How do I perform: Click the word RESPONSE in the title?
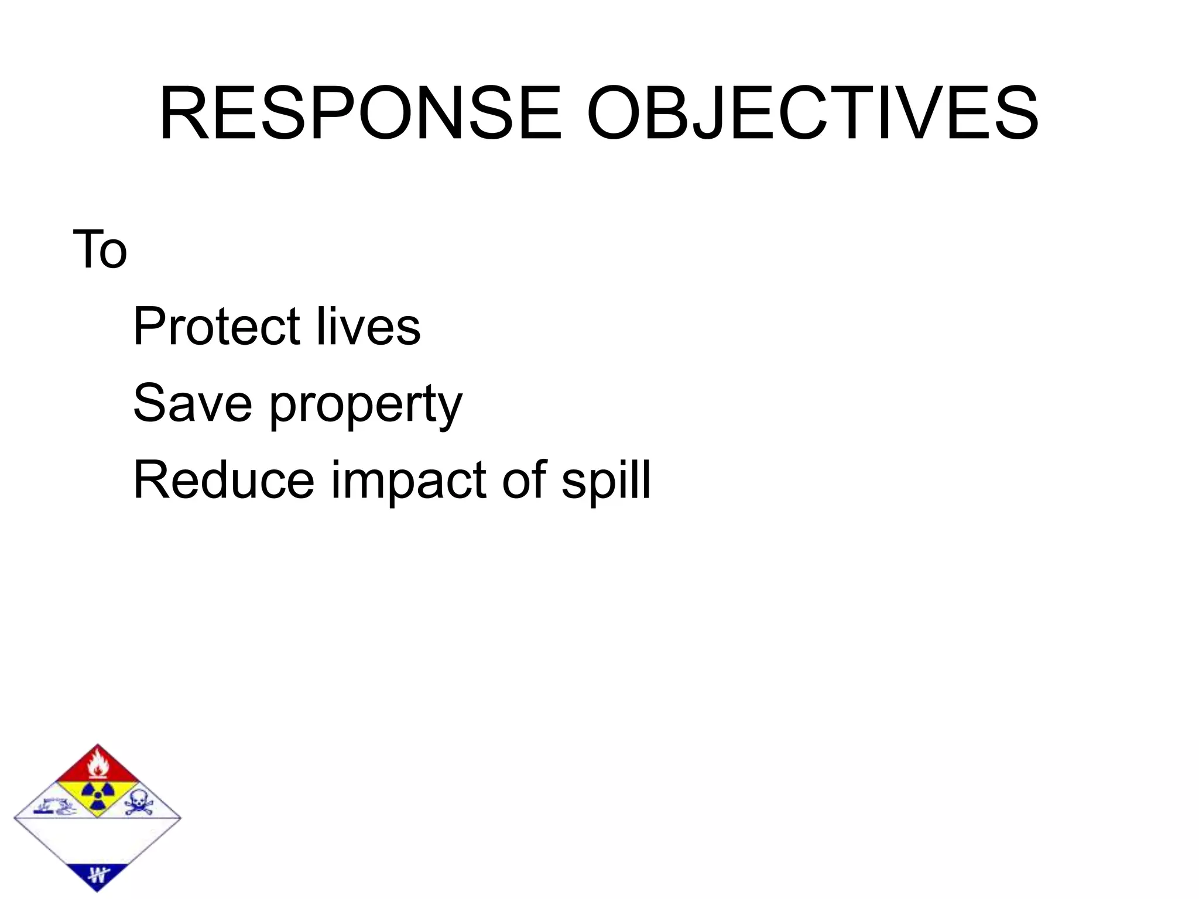pyautogui.click(x=360, y=114)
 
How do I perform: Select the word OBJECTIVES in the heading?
pyautogui.click(x=813, y=114)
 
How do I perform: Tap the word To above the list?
pyautogui.click(x=100, y=250)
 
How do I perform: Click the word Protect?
pyautogui.click(x=217, y=326)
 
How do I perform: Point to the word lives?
pyautogui.click(x=368, y=326)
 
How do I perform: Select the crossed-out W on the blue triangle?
pyautogui.click(x=98, y=876)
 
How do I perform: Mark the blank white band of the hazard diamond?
pyautogui.click(x=97, y=840)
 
